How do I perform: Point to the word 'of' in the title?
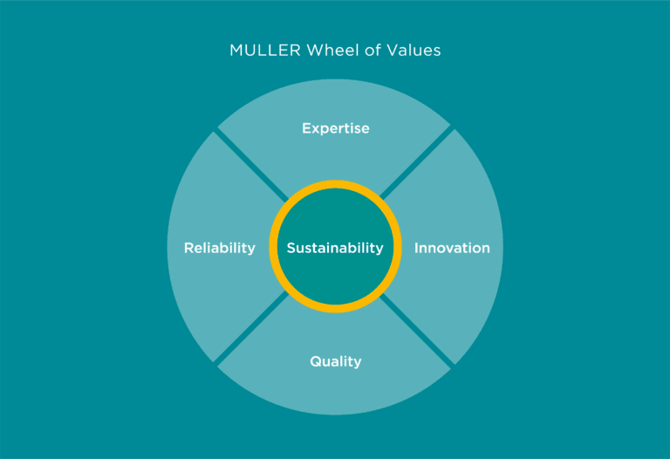(366, 51)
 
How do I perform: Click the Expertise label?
(335, 128)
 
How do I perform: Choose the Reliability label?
(219, 248)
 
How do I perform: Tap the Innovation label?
(451, 248)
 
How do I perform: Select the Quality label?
(335, 361)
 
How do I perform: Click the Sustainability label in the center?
(335, 248)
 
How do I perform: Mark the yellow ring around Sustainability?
(335, 184)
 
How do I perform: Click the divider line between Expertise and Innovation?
(417, 163)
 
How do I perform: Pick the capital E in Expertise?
(306, 128)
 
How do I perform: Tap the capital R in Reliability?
(188, 248)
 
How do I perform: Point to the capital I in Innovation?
(416, 248)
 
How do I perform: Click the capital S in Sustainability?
(291, 248)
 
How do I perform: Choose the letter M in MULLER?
(236, 51)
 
